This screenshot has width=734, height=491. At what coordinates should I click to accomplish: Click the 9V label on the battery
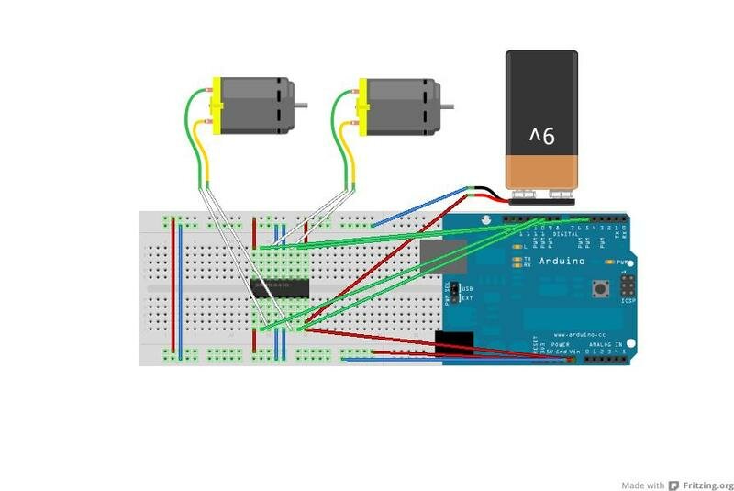coord(541,137)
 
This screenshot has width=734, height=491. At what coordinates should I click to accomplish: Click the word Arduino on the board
coord(561,261)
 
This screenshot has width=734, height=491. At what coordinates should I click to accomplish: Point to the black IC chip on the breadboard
coord(280,287)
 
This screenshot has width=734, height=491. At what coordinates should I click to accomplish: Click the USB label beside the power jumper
coord(465,288)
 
